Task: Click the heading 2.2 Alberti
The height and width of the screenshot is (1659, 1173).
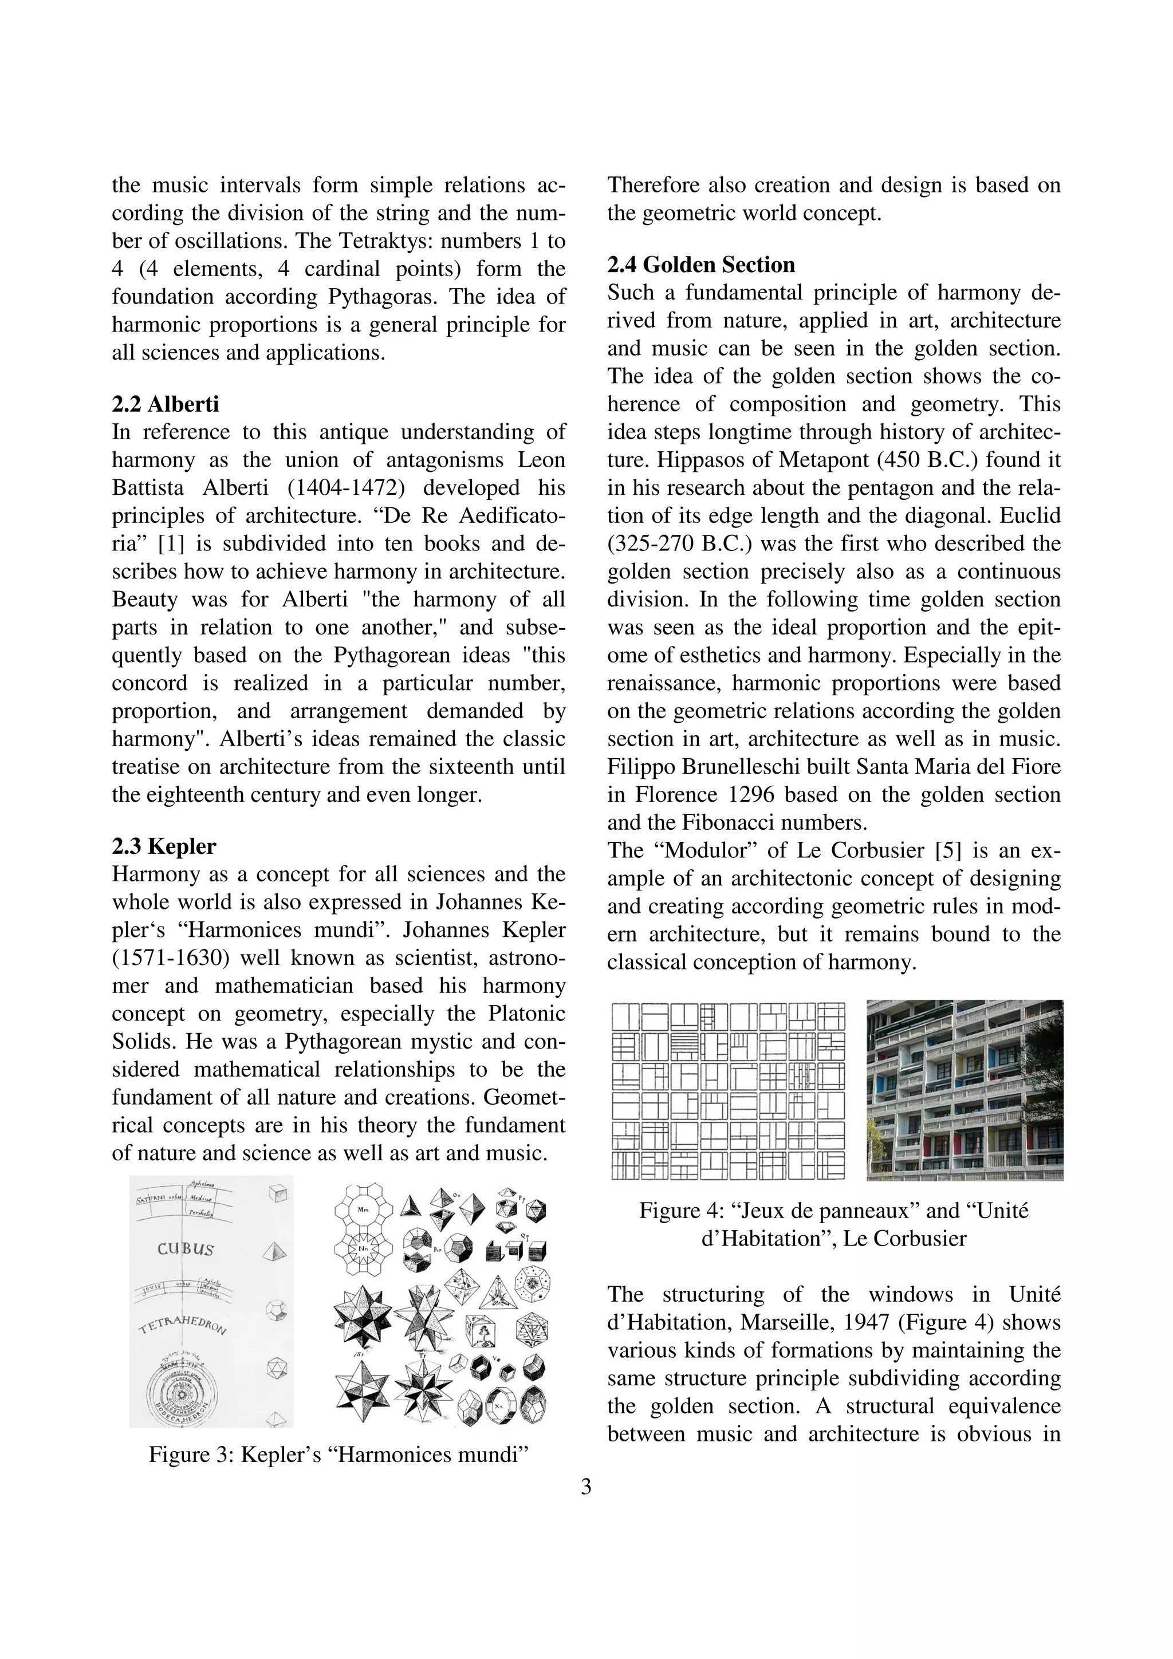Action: (x=165, y=404)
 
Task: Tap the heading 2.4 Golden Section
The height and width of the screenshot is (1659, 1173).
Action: (x=700, y=265)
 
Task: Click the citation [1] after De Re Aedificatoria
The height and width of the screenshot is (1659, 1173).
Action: (x=170, y=544)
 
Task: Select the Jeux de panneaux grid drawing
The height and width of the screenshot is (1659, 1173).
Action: (x=728, y=1090)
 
